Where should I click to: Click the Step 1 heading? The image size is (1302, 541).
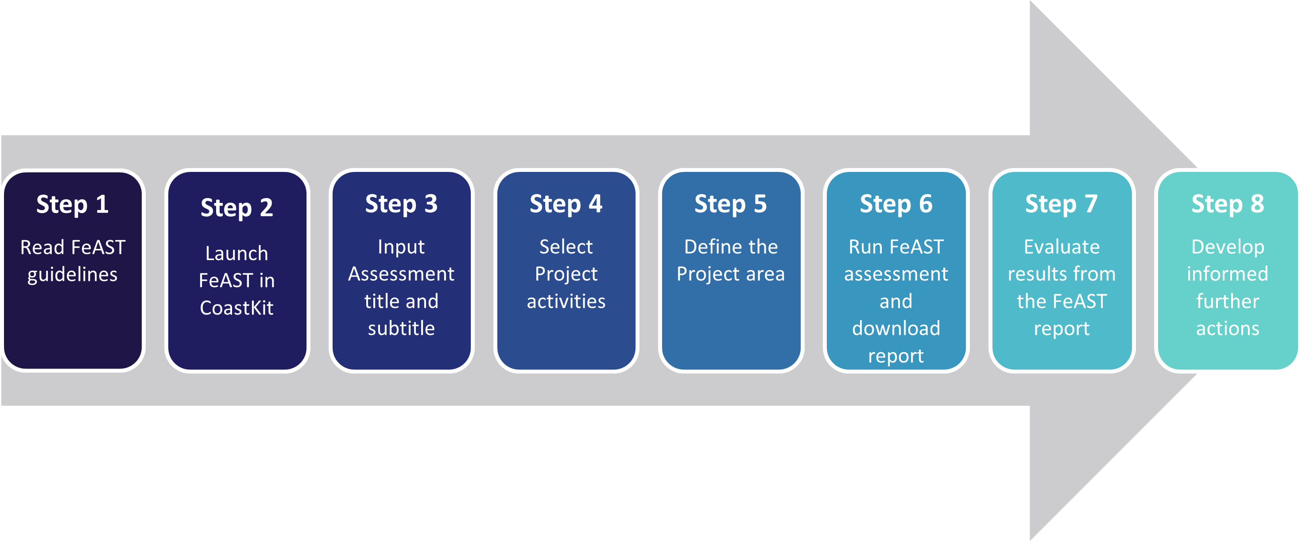[72, 205]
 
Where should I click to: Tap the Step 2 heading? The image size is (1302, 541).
[236, 208]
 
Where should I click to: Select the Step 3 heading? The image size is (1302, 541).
[401, 204]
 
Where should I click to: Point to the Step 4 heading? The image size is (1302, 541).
[566, 204]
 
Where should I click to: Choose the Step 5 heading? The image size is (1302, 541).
[731, 204]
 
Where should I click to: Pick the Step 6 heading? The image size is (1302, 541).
[896, 204]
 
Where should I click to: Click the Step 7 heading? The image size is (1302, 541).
[1062, 204]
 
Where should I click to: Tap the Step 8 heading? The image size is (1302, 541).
[1228, 204]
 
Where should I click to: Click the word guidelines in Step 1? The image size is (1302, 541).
[72, 276]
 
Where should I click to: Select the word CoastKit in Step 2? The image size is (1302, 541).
[236, 308]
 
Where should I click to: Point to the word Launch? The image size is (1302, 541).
[236, 253]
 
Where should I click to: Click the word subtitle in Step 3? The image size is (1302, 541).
[401, 329]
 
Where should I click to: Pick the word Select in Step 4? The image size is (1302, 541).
[566, 247]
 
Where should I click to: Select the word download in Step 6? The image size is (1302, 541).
[896, 329]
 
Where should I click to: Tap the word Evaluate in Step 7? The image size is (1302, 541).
[1062, 247]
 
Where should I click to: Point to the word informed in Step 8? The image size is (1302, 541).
[1228, 274]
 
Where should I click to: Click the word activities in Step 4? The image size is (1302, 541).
[566, 301]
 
